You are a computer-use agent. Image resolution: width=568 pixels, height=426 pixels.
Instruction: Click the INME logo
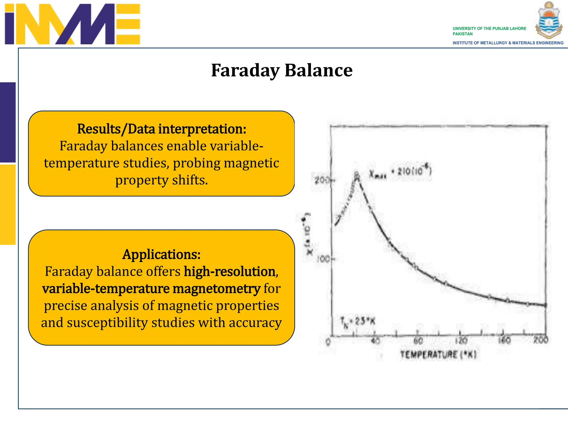[x=72, y=24]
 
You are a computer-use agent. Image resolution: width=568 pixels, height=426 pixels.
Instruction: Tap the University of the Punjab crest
[x=549, y=20]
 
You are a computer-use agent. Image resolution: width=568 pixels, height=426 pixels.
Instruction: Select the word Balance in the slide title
[x=318, y=70]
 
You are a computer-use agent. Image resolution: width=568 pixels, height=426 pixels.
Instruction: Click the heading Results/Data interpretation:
[x=161, y=129]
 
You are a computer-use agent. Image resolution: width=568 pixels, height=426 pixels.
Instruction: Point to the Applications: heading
[x=161, y=254]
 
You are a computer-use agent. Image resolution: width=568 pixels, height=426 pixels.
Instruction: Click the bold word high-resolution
[x=230, y=272]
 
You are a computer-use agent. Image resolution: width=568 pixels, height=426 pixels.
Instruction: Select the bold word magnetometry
[x=216, y=289]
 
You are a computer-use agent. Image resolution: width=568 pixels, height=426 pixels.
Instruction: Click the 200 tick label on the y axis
[x=322, y=181]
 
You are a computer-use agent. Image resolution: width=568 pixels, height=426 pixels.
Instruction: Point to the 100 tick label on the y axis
[x=323, y=259]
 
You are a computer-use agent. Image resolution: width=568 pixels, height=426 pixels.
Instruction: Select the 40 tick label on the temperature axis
[x=375, y=341]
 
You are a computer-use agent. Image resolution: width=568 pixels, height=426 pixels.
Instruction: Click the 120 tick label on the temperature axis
[x=461, y=341]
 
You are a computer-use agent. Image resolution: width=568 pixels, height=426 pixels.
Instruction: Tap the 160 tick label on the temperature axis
[x=504, y=340]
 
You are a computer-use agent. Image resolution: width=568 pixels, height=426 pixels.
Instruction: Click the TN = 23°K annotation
[x=358, y=322]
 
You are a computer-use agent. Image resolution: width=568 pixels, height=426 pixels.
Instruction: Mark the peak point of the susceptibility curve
[x=357, y=175]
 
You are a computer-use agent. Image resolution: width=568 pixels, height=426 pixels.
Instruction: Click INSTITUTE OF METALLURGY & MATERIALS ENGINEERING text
[x=508, y=43]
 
